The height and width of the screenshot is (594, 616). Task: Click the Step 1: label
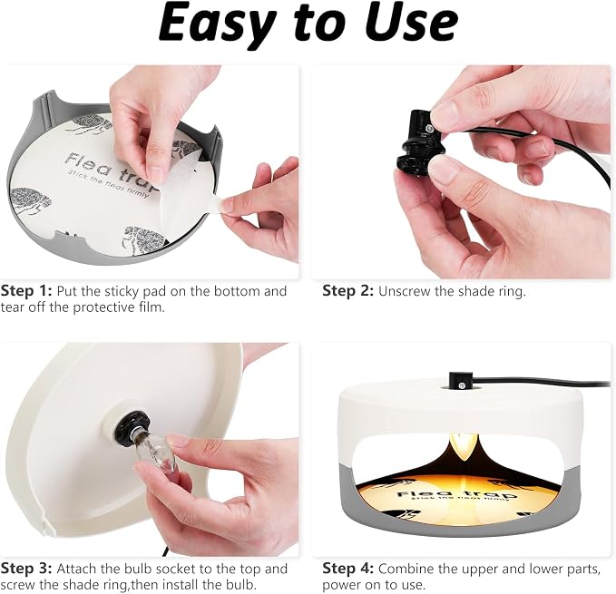pyautogui.click(x=26, y=291)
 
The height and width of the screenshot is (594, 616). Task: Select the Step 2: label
pyautogui.click(x=347, y=291)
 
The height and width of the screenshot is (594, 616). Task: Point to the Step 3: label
pyautogui.click(x=26, y=569)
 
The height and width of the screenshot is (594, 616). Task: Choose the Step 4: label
pyautogui.click(x=347, y=569)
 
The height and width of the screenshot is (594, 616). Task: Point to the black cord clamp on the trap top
pyautogui.click(x=458, y=380)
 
